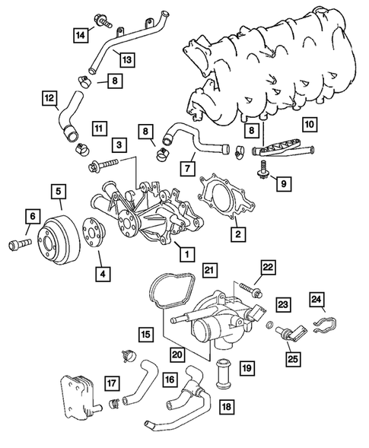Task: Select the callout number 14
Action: click(79, 33)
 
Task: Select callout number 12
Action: click(49, 97)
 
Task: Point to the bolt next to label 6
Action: click(18, 244)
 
